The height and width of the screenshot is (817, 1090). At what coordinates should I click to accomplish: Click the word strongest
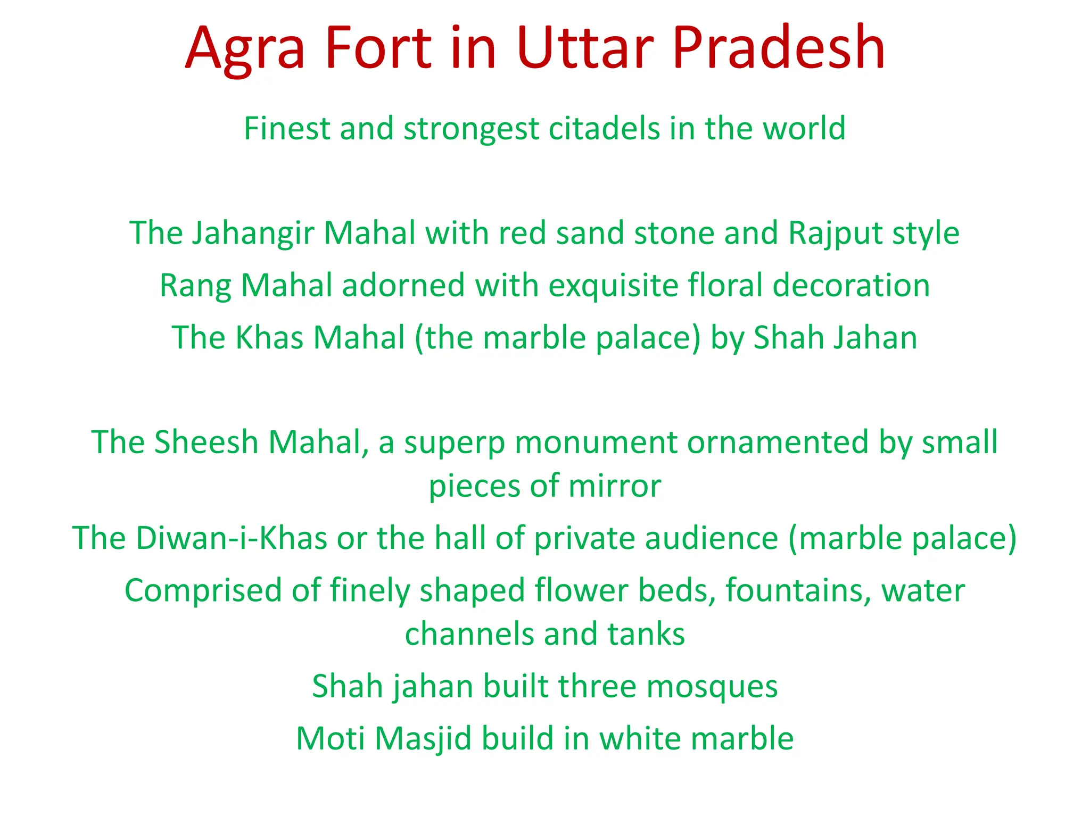click(471, 129)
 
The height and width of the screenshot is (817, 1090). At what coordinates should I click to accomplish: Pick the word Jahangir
click(253, 234)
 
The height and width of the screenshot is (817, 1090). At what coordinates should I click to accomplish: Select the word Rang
click(195, 286)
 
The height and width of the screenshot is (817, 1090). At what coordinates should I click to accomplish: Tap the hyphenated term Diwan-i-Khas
click(231, 538)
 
